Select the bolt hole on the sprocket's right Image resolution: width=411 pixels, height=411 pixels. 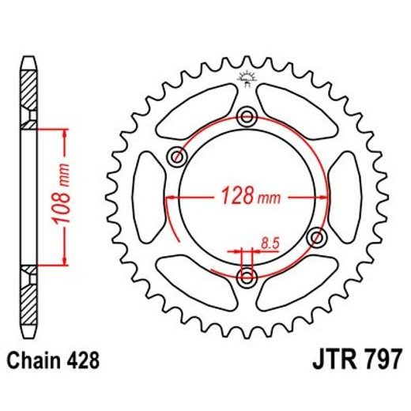[318, 236]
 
